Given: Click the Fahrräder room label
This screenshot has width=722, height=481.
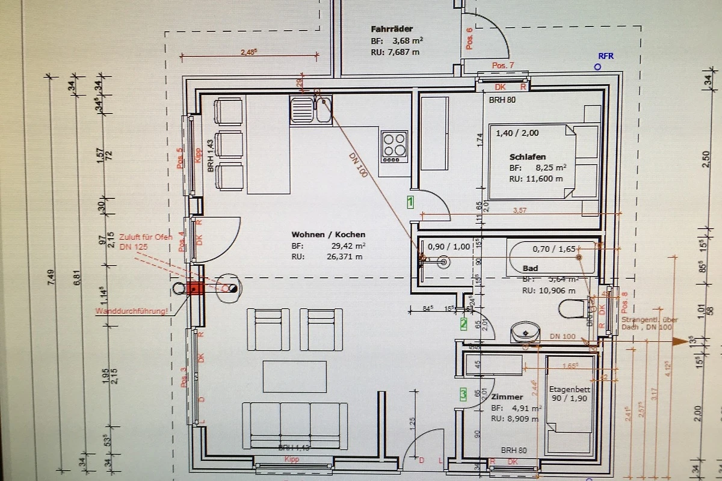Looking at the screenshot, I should click(x=392, y=28).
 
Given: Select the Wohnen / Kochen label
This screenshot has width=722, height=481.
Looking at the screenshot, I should click(x=328, y=234).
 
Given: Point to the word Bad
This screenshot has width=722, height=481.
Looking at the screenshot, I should click(x=530, y=268).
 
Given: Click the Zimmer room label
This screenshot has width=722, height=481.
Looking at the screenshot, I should click(x=507, y=397).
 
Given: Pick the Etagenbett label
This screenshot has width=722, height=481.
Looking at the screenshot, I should click(x=569, y=389).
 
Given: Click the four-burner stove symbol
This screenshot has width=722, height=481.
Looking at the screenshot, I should click(x=395, y=146).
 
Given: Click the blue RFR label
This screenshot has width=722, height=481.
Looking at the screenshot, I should click(x=605, y=56).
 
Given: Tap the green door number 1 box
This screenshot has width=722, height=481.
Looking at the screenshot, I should click(x=410, y=202).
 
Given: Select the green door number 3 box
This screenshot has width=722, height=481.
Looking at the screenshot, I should click(x=463, y=394).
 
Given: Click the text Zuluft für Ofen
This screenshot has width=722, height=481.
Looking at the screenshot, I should click(x=145, y=236).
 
